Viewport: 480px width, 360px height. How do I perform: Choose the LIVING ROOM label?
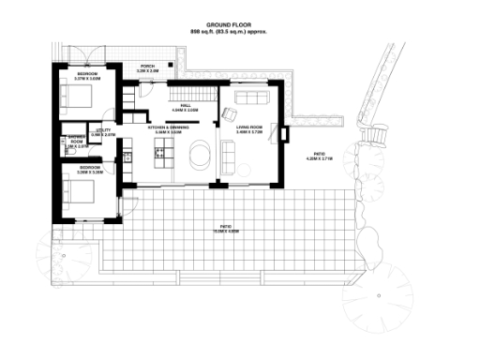(248, 131)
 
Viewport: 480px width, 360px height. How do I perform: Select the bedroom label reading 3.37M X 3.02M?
(87, 77)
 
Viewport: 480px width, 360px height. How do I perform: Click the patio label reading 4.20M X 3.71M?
(319, 157)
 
